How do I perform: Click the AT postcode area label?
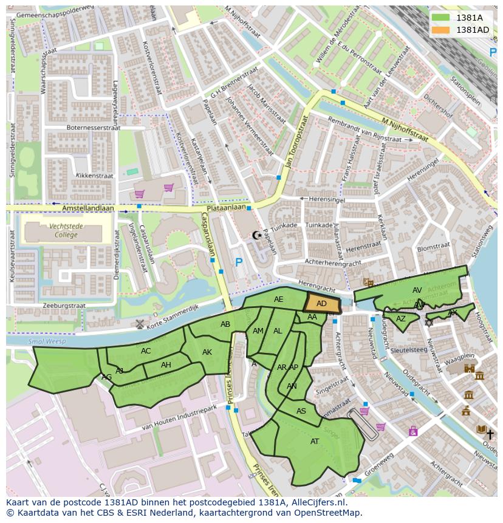(315, 442)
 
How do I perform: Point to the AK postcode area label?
(207, 352)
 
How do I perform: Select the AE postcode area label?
(278, 299)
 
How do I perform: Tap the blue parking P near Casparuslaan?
(239, 263)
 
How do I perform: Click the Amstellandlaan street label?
(88, 208)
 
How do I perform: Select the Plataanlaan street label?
(226, 207)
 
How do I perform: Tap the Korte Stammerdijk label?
(176, 315)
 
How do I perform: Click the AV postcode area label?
(417, 290)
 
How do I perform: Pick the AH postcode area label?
(166, 365)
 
